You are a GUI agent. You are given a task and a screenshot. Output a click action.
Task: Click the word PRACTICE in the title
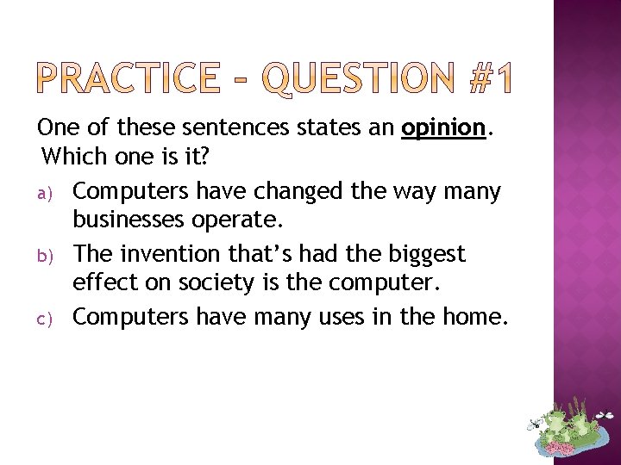129,78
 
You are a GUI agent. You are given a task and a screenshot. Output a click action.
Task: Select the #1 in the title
488,78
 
